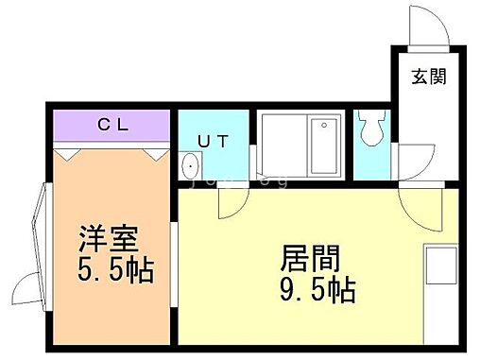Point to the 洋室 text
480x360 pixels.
click(x=102, y=233)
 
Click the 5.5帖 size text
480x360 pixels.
click(x=114, y=266)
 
